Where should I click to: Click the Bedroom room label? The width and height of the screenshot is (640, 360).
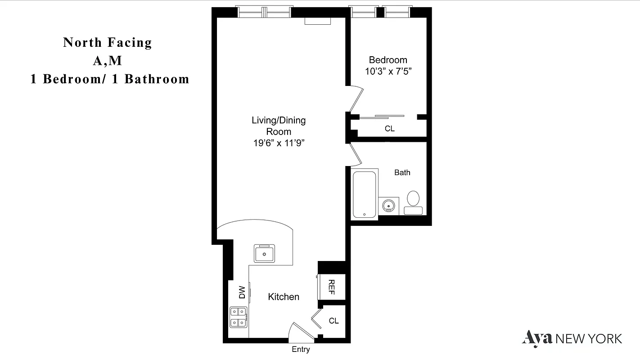click(x=388, y=60)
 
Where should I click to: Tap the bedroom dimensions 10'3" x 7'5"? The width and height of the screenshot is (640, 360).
click(x=388, y=71)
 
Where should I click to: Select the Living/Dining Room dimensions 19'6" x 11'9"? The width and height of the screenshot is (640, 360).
click(x=279, y=143)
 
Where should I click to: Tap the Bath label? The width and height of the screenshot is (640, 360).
click(x=402, y=172)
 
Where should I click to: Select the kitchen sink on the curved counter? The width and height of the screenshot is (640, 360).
click(x=264, y=253)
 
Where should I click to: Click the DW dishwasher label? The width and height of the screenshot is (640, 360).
click(x=242, y=292)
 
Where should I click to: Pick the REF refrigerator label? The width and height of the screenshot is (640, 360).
click(x=331, y=287)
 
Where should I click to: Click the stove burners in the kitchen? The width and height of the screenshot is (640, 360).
click(x=238, y=317)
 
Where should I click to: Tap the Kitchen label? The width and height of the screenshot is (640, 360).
click(x=284, y=297)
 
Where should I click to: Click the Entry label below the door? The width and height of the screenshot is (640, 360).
click(x=301, y=350)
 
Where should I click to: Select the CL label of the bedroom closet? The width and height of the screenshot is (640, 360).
click(x=389, y=129)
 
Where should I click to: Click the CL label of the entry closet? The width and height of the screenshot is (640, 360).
click(x=334, y=321)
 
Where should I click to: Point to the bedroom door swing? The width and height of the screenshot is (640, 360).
click(x=356, y=99)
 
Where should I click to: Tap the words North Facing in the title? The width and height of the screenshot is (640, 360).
click(x=108, y=43)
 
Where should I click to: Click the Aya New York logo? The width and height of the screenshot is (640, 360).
click(x=572, y=338)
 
